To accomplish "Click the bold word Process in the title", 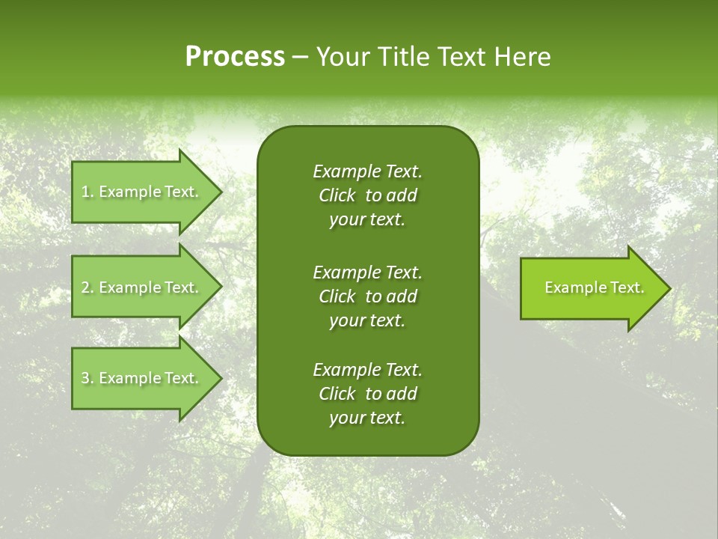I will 235,57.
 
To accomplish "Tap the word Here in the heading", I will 522,57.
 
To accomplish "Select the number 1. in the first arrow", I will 88,192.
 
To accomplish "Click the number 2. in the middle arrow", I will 88,287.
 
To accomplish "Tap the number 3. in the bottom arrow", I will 88,378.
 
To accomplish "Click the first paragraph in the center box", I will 367,195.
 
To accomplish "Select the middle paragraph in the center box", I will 367,296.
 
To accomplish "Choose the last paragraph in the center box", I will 367,394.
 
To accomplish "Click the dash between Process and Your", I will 300,58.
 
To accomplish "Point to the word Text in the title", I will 464,57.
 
